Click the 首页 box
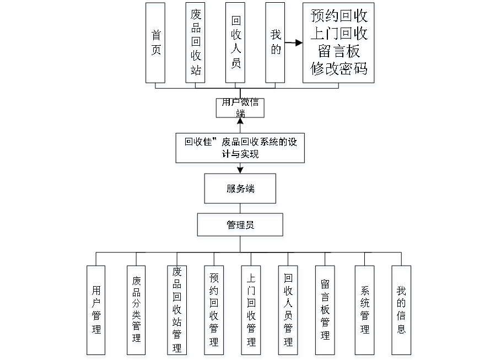click(157, 45)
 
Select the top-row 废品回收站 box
click(196, 44)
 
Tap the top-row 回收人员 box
click(236, 44)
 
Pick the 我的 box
click(276, 44)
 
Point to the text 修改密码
click(339, 71)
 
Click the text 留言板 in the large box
click(339, 53)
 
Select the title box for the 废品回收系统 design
click(240, 149)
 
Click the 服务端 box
click(241, 190)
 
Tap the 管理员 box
click(241, 226)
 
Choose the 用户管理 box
click(97, 311)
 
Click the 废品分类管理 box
click(136, 311)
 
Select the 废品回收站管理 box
click(177, 311)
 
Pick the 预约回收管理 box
click(214, 311)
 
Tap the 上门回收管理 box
click(251, 311)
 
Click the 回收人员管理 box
click(288, 311)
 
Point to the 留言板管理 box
click(326, 311)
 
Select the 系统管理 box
click(365, 311)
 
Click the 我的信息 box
click(402, 311)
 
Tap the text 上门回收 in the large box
click(339, 35)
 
